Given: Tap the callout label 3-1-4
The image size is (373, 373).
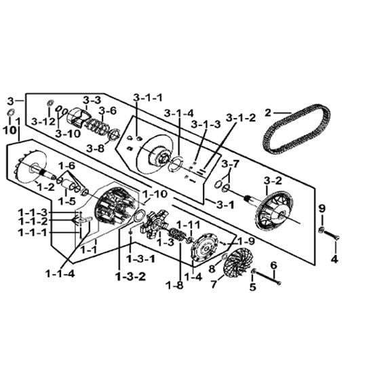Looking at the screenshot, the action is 179,113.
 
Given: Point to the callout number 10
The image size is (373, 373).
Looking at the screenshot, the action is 9,130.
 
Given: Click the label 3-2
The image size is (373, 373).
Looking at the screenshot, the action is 273,181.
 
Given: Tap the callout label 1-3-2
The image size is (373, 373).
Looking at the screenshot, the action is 131,277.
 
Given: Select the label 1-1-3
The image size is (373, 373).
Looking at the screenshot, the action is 33,212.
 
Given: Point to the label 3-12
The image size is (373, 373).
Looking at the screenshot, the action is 43,122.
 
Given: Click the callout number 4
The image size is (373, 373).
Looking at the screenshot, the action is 334,259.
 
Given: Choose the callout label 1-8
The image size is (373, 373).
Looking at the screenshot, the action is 176,286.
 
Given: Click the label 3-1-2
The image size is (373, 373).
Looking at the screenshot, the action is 241,118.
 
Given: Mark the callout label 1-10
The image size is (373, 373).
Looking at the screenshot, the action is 155,194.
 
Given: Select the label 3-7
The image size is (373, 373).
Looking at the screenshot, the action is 231,164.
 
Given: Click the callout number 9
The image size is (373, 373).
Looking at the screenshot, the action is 321,209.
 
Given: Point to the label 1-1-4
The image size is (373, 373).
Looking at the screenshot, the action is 60,274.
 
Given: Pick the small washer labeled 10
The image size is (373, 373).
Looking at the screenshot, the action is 11,112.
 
